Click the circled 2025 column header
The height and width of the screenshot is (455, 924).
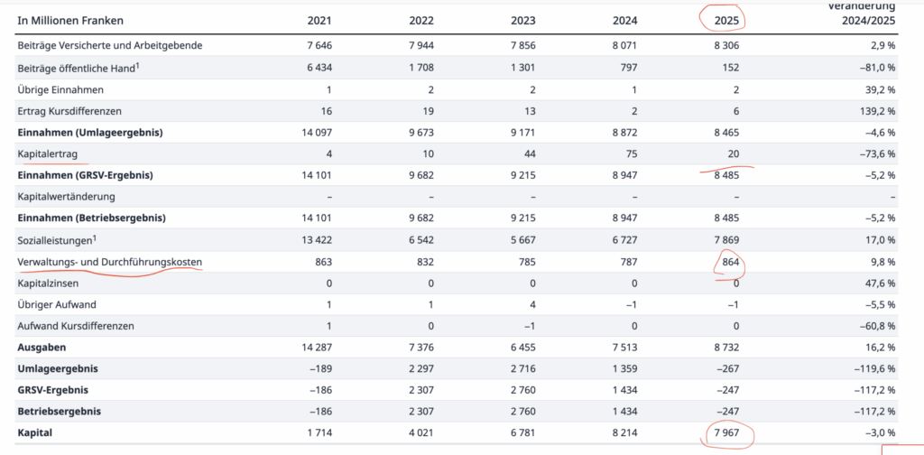726,21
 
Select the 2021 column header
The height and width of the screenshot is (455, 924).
319,21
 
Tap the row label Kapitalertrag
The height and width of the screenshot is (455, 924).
52,153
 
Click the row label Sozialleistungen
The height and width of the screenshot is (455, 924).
55,240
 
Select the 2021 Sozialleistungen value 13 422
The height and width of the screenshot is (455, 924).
316,240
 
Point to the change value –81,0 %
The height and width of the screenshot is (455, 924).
878,67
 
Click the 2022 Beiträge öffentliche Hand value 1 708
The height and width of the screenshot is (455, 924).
420,67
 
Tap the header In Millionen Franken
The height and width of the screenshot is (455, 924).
70,21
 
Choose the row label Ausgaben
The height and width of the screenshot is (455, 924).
42,348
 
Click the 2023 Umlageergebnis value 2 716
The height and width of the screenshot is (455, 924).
523,369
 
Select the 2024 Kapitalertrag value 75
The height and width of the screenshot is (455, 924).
631,154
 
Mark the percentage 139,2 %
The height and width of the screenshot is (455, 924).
879,111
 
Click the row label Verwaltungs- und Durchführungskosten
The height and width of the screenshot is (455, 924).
109,262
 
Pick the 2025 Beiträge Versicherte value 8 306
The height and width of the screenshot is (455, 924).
726,45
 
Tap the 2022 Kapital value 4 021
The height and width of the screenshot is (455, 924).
420,433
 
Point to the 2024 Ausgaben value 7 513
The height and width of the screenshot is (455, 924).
624,348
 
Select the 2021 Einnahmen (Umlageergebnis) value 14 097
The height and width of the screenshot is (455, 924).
316,133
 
